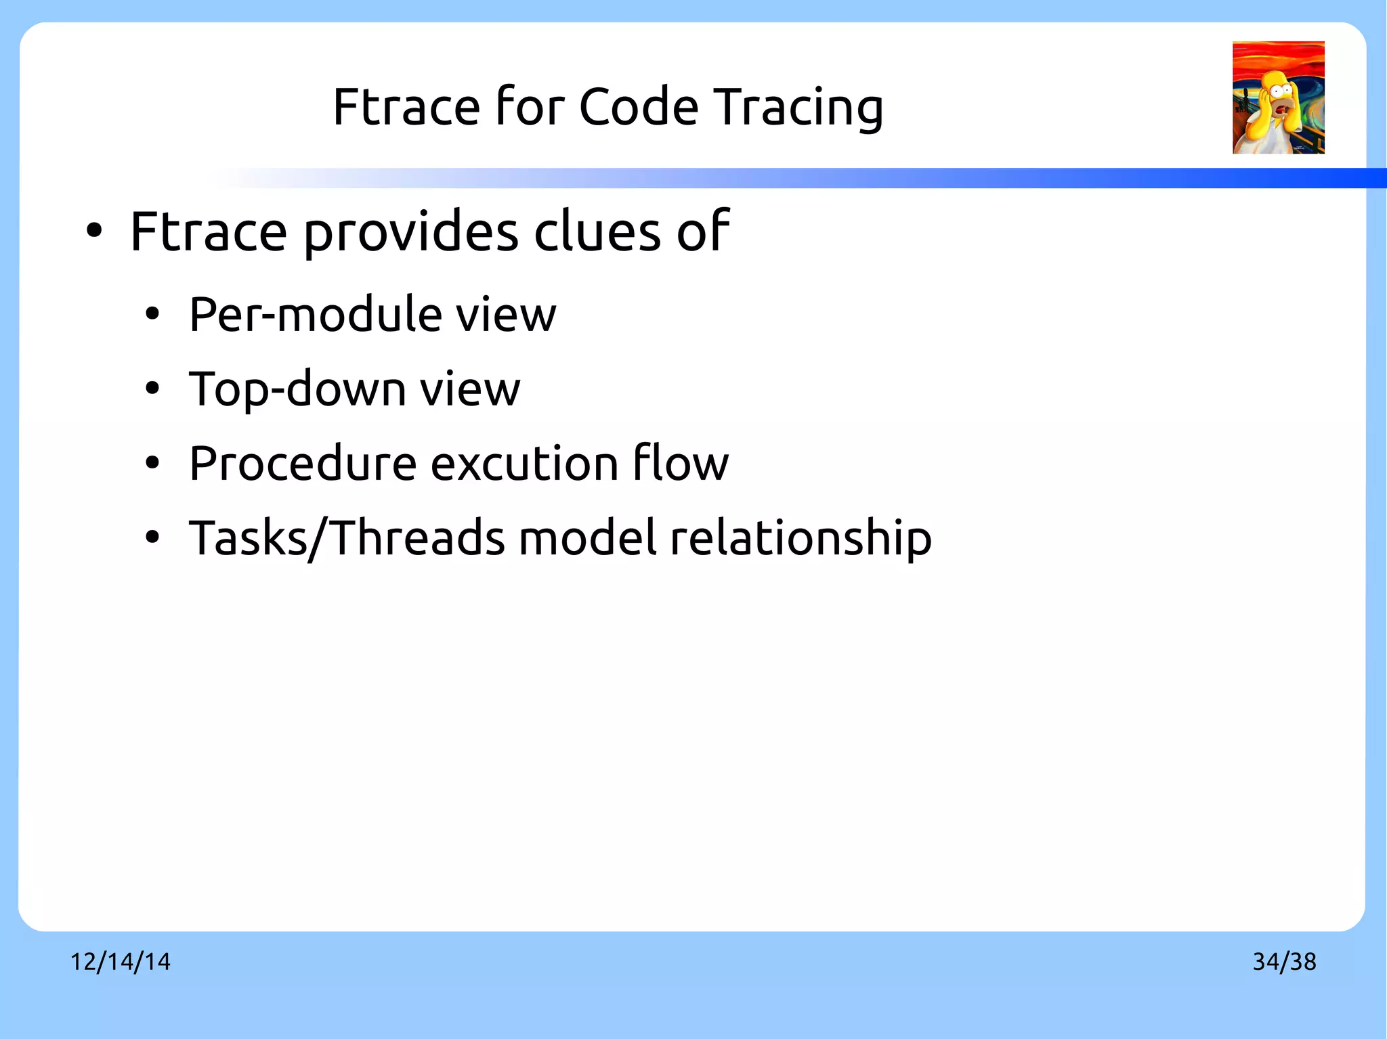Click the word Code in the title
[638, 107]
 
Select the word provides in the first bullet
[410, 232]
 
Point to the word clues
[597, 231]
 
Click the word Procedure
[302, 464]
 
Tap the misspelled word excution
[524, 464]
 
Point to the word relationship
[801, 538]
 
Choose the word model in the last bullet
[589, 538]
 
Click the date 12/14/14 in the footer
[121, 961]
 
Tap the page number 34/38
[1284, 961]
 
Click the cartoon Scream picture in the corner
[1278, 97]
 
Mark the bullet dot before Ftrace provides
[94, 231]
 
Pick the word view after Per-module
[505, 315]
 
